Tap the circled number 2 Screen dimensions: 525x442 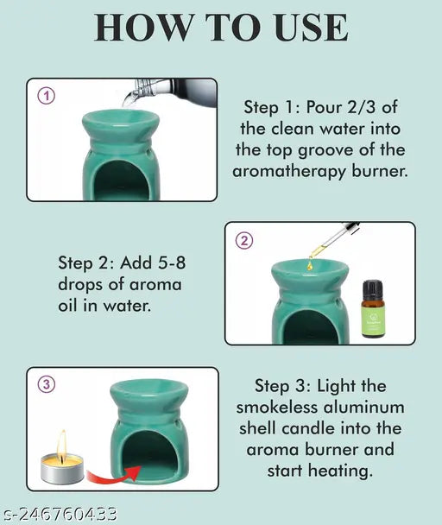244,241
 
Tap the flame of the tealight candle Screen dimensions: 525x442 61,443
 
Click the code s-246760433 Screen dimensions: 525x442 59,516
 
